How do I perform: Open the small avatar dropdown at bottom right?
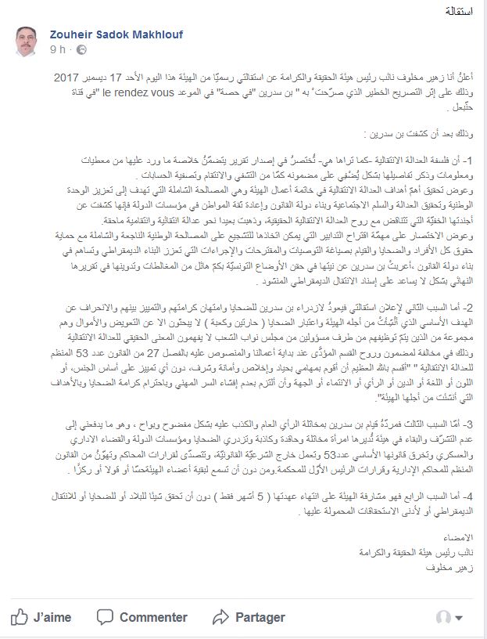tap(452, 618)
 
